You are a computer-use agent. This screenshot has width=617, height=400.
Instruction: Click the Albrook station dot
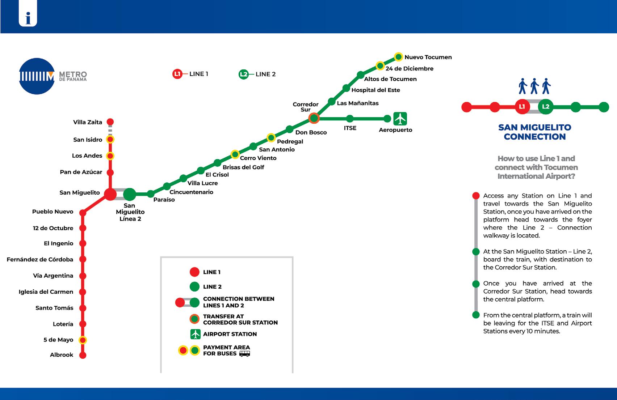click(x=83, y=355)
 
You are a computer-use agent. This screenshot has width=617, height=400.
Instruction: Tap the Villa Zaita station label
click(x=88, y=122)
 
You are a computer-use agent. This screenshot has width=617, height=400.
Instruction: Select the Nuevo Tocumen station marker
click(x=398, y=57)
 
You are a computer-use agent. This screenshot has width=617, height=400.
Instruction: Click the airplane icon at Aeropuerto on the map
click(x=400, y=119)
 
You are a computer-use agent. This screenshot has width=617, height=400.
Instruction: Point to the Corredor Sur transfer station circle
click(x=314, y=118)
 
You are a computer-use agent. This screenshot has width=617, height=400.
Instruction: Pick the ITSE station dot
click(x=350, y=119)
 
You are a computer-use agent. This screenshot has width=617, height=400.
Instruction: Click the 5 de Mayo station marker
click(x=83, y=340)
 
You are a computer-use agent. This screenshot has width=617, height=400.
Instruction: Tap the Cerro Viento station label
click(x=258, y=158)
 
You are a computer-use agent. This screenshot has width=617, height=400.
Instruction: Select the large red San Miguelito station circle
click(x=110, y=194)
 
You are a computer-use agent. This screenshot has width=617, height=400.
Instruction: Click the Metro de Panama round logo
click(x=37, y=76)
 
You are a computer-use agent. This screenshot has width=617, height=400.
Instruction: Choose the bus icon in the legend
click(x=244, y=354)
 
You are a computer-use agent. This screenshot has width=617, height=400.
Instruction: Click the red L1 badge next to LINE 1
click(x=177, y=74)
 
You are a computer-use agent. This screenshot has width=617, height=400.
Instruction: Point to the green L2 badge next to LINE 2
click(x=244, y=75)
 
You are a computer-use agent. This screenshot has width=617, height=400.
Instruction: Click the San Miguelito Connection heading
click(x=535, y=132)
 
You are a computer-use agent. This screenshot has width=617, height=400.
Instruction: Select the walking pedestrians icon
click(x=534, y=86)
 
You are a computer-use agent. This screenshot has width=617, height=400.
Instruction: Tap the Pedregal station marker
click(x=271, y=137)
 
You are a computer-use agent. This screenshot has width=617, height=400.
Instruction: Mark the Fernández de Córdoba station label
click(x=40, y=259)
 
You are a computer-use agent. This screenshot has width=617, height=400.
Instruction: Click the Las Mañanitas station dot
click(x=332, y=102)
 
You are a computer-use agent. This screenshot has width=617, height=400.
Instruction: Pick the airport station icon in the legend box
click(x=196, y=334)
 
